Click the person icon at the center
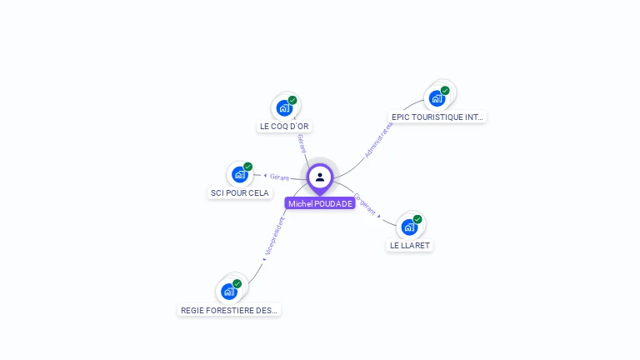(320, 177)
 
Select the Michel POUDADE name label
(320, 203)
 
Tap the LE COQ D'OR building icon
(284, 107)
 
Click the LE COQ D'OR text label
(284, 127)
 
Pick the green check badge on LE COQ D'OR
(292, 100)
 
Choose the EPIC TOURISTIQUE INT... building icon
(437, 98)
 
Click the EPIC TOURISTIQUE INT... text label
(437, 117)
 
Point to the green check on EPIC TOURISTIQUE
(445, 90)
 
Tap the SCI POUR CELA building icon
(240, 174)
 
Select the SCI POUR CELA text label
(239, 193)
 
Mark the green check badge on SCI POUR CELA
(247, 167)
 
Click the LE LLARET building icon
(409, 227)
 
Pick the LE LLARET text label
(410, 246)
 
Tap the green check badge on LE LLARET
(417, 219)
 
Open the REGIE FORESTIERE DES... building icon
(229, 291)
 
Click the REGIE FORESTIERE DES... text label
(229, 310)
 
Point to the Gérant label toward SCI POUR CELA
(278, 177)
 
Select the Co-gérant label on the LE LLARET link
(365, 205)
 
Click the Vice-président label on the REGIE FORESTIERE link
(275, 237)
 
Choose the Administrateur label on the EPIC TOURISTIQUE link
(378, 139)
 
